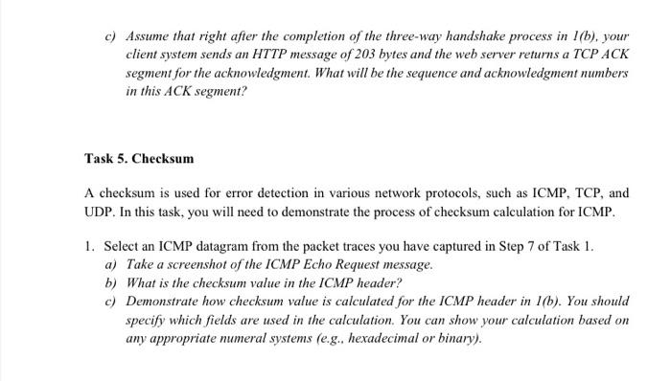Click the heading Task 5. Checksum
tap(131, 158)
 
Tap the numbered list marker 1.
tap(89, 245)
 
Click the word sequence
tap(449, 73)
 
